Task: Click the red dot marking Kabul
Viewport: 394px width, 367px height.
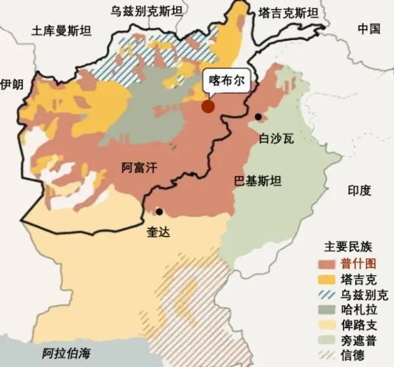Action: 208,106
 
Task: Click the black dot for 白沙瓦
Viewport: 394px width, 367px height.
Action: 259,117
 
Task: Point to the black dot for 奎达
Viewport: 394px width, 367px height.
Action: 160,211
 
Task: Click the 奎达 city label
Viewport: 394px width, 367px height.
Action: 158,232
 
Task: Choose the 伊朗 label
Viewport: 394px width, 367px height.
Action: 12,85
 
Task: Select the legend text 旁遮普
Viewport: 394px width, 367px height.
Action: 359,341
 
